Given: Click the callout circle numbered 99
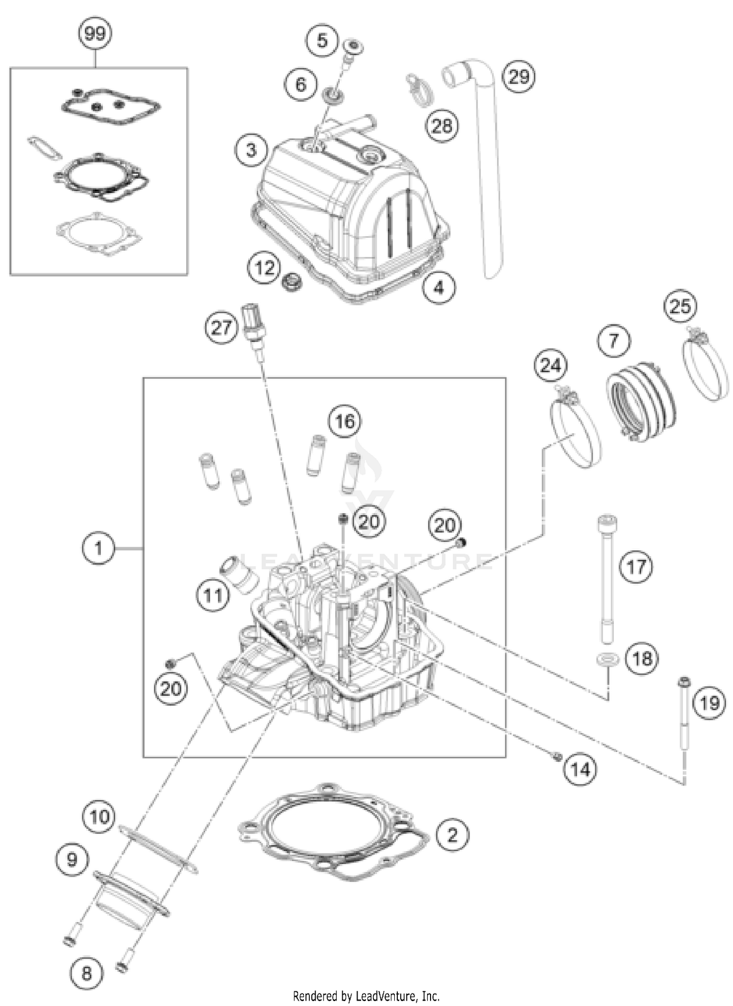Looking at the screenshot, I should point(95,34).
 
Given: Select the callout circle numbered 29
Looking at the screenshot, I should point(518,76).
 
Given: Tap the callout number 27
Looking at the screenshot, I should point(221,327).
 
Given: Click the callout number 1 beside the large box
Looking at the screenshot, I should point(98,548).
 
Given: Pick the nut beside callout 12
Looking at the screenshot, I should point(292,282).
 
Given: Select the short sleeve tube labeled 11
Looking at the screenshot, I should point(240,574).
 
